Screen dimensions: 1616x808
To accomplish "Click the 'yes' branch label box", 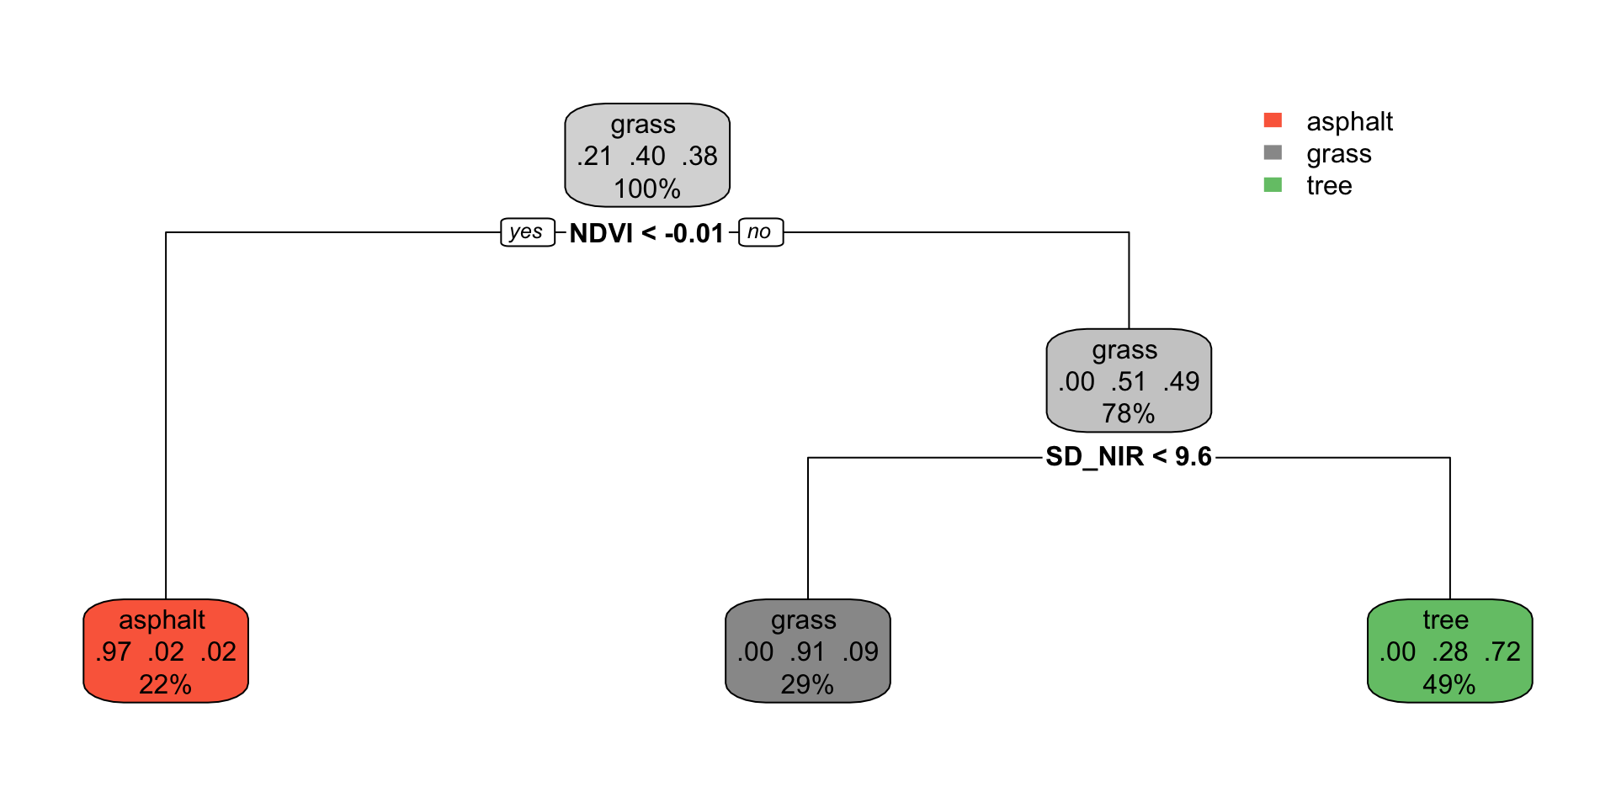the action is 528,232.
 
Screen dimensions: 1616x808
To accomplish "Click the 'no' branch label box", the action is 761,232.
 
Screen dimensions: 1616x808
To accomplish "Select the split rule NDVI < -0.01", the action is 646,233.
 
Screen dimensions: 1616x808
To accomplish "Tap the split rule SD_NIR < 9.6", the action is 1129,457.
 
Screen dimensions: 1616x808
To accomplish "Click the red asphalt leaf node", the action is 166,651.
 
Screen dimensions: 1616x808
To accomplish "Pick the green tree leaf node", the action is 1450,651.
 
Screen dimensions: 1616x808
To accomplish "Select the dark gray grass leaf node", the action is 808,651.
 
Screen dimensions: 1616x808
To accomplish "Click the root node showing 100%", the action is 647,155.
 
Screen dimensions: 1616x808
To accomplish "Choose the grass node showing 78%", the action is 1129,380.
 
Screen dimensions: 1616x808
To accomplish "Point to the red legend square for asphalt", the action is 1273,120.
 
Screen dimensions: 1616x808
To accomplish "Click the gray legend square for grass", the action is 1273,152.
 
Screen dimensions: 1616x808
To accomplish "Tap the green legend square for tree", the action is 1273,184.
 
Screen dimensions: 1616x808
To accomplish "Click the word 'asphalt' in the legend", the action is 1350,122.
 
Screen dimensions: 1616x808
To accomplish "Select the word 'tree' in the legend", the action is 1329,186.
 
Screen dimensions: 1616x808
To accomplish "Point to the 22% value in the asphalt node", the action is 165,684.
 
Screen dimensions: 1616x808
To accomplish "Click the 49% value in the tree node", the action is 1449,684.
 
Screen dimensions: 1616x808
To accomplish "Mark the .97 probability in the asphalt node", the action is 114,651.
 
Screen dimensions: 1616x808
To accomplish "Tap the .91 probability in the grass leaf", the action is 808,651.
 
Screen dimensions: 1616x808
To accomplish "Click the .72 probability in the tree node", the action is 1502,651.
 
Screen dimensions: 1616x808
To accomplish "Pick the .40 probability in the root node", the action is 647,156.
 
